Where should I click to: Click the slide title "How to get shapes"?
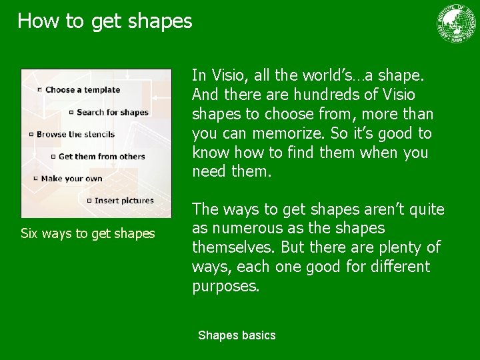(105, 21)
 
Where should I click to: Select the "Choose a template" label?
(83, 90)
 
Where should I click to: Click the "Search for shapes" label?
(112, 112)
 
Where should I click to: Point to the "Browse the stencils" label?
(75, 134)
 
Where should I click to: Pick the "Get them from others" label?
(101, 157)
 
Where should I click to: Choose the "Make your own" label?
(71, 179)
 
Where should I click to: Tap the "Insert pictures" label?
(124, 201)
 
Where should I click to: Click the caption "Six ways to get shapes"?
(87, 233)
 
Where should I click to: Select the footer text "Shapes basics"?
(237, 335)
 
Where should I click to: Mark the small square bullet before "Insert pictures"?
(89, 201)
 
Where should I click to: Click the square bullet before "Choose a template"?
(40, 90)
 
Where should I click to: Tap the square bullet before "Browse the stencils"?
(31, 135)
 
